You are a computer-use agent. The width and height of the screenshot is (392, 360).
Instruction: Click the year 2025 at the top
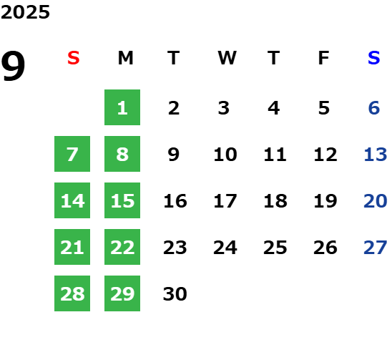pyautogui.click(x=25, y=12)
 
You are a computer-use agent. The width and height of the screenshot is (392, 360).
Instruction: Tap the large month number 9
pyautogui.click(x=13, y=66)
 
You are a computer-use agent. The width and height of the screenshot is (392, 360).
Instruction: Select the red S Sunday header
pyautogui.click(x=74, y=58)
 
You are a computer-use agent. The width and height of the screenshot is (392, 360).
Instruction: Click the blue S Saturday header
pyautogui.click(x=373, y=58)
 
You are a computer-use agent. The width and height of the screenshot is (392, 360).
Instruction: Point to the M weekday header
pyautogui.click(x=125, y=58)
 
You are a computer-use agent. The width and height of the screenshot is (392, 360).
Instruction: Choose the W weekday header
pyautogui.click(x=227, y=58)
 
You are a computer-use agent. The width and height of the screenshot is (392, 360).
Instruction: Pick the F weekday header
pyautogui.click(x=324, y=58)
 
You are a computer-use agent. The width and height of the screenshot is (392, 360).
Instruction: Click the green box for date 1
pyautogui.click(x=122, y=107)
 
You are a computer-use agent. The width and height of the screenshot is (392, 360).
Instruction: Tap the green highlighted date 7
pyautogui.click(x=72, y=154)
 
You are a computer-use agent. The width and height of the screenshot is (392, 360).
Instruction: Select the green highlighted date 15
pyautogui.click(x=122, y=200)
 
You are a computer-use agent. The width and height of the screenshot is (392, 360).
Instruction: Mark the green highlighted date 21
pyautogui.click(x=72, y=247)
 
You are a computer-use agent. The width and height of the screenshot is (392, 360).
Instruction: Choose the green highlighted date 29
pyautogui.click(x=122, y=293)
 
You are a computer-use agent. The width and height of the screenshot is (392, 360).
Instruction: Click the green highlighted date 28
pyautogui.click(x=72, y=293)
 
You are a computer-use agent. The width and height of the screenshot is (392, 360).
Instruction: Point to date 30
pyautogui.click(x=175, y=293)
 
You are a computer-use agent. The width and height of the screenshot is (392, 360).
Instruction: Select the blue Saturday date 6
pyautogui.click(x=374, y=108)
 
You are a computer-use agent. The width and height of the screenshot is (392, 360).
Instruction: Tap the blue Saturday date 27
pyautogui.click(x=376, y=248)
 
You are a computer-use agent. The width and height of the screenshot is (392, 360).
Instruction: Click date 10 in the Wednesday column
pyautogui.click(x=225, y=155)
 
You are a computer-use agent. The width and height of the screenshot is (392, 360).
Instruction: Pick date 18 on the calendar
pyautogui.click(x=275, y=201)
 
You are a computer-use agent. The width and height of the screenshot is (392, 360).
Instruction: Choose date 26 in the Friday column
pyautogui.click(x=325, y=248)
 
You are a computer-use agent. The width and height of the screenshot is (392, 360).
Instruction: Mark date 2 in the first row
pyautogui.click(x=174, y=108)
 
